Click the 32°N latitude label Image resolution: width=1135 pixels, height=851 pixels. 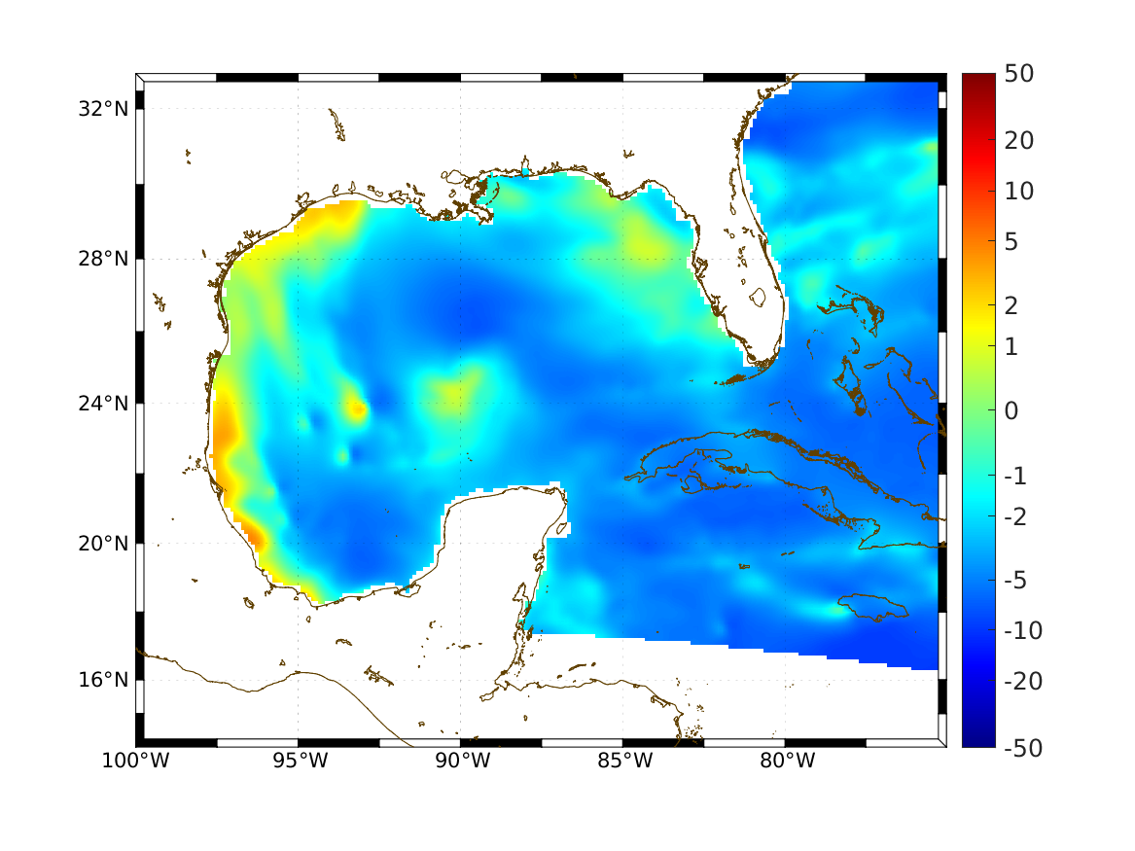pos(103,108)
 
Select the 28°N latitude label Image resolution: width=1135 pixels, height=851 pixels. pos(103,259)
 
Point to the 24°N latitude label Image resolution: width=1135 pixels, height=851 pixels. pos(103,403)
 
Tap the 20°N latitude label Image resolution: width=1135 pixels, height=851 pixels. pos(103,544)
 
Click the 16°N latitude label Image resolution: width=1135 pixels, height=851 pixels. pos(103,679)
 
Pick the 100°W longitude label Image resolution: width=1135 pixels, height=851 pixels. pos(135,762)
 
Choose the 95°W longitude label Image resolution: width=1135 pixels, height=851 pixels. pos(299,762)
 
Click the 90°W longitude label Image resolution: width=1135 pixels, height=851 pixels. pos(461,762)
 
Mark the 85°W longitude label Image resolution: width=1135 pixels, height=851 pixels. pos(623,762)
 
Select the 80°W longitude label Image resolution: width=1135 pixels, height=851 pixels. pos(786,762)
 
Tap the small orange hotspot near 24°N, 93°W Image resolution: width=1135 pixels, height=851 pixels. pos(358,409)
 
